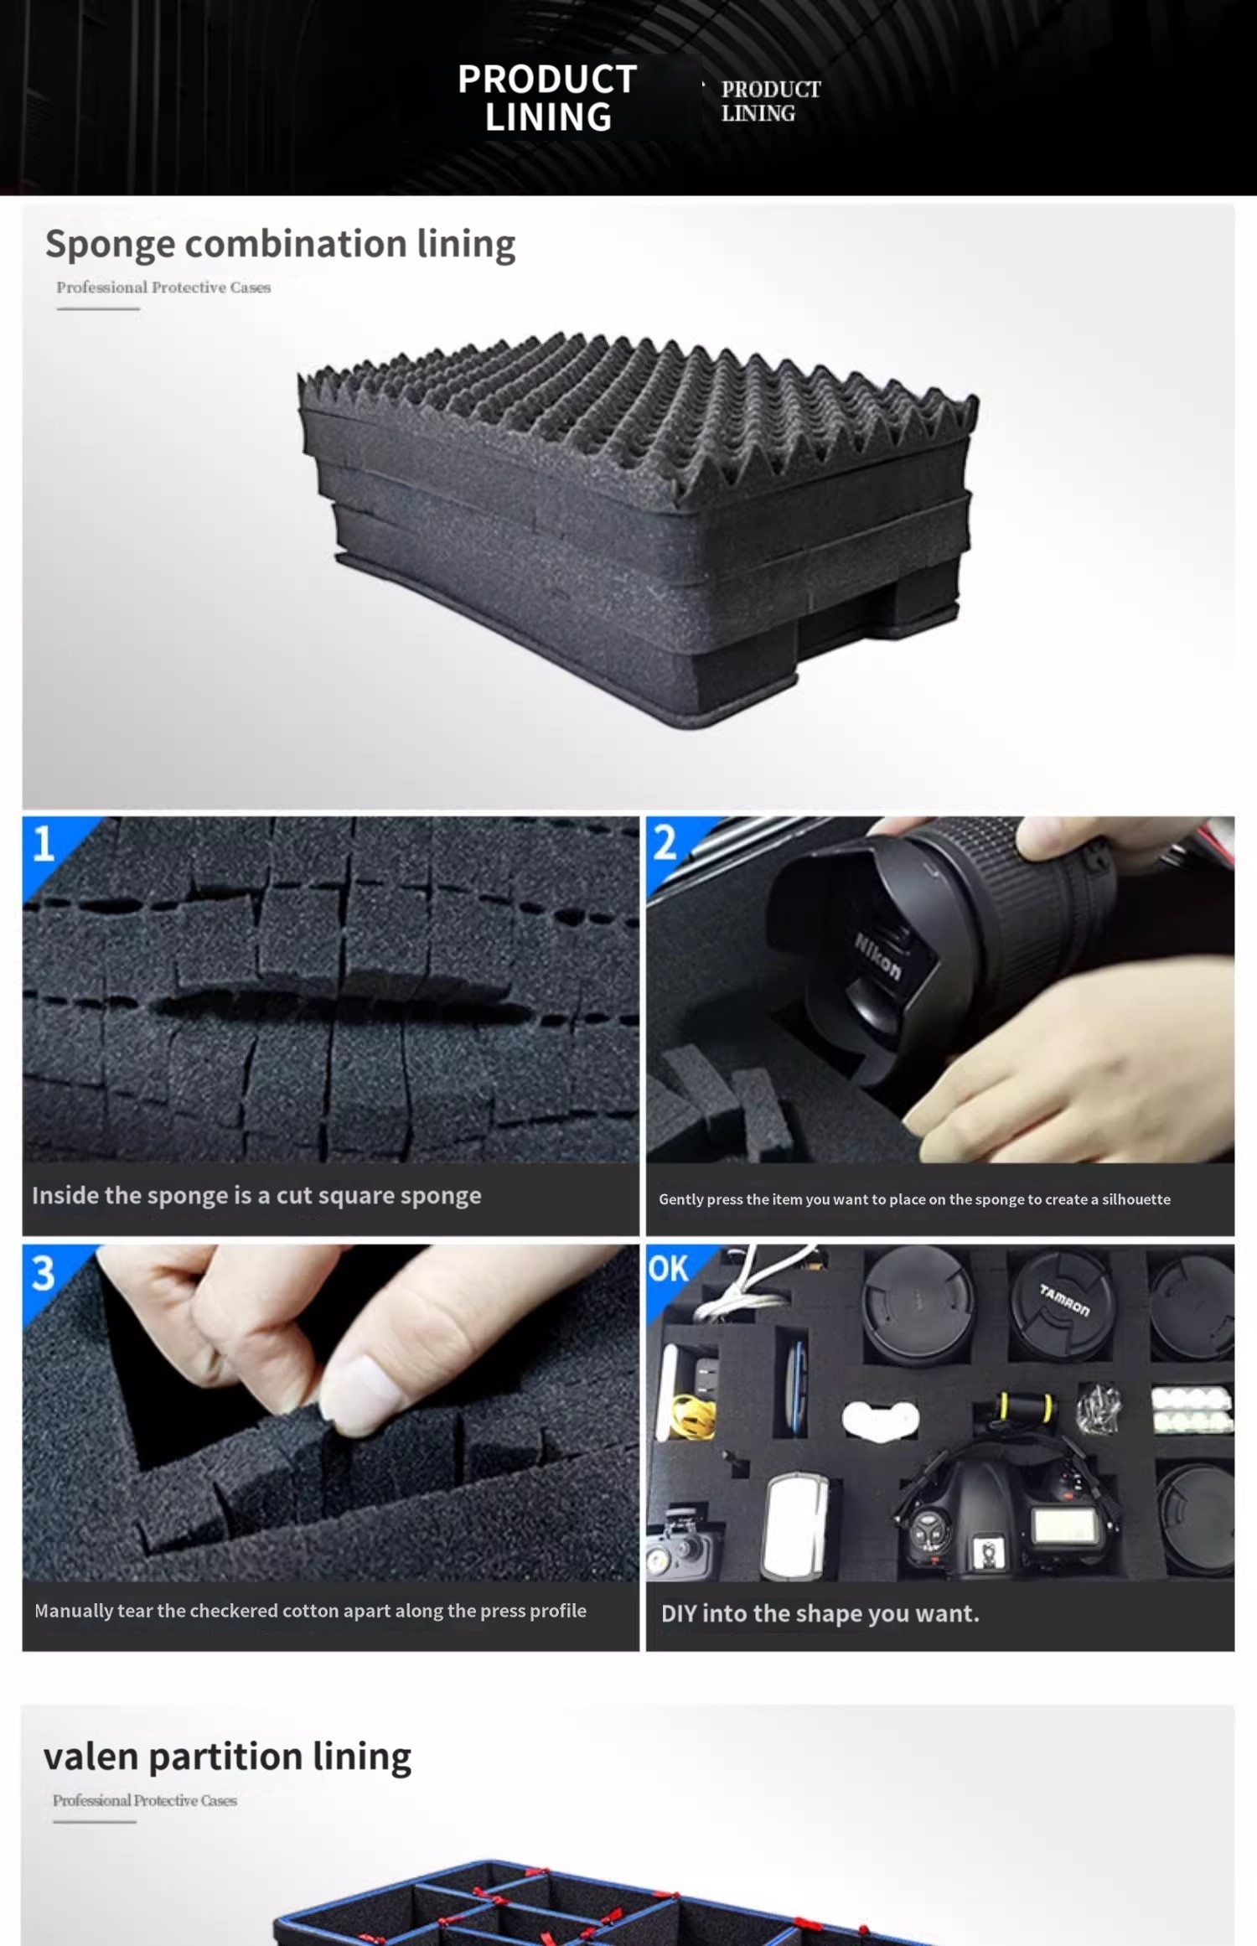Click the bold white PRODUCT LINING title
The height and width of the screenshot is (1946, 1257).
pos(547,98)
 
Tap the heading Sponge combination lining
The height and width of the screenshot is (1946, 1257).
pos(280,245)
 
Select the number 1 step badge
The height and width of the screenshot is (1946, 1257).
pos(44,843)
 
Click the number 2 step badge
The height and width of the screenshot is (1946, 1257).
pos(665,842)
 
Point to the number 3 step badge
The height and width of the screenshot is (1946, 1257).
pos(44,1273)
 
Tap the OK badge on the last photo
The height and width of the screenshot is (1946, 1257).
pos(668,1269)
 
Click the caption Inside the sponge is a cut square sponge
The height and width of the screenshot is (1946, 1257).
pos(256,1195)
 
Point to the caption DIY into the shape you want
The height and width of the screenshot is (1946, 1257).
pos(820,1613)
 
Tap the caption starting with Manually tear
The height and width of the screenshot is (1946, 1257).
pos(310,1611)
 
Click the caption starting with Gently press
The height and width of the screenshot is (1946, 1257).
pos(914,1199)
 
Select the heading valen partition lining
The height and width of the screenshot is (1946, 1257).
pos(227,1756)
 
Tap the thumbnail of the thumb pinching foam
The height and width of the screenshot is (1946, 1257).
pos(330,1413)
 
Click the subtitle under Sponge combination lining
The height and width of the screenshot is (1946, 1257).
pos(163,287)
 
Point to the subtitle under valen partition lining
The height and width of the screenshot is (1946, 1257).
pos(145,1800)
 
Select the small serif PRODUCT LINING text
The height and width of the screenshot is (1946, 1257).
pos(771,101)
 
